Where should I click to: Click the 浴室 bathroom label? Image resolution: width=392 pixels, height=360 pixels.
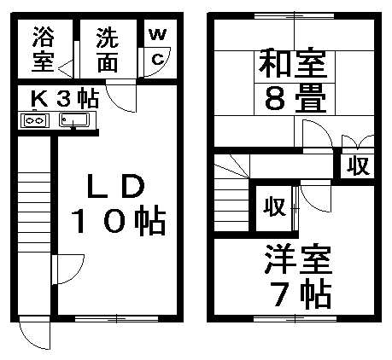(x=44, y=49)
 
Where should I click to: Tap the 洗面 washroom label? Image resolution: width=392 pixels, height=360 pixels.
(x=108, y=49)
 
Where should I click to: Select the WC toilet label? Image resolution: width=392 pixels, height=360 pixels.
(x=157, y=47)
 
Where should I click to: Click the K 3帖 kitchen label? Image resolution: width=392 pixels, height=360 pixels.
(x=65, y=98)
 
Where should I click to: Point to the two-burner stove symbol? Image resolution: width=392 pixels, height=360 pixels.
(x=35, y=120)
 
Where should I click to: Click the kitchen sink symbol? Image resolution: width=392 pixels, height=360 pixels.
(x=74, y=119)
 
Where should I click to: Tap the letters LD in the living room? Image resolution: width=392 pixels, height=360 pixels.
(x=116, y=186)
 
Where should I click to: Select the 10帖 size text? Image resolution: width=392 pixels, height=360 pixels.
(x=118, y=221)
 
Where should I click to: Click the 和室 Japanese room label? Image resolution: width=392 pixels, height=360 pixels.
(x=292, y=63)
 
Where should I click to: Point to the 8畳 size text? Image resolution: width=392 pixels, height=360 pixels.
(x=295, y=99)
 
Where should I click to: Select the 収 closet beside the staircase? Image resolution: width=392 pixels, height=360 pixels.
(x=274, y=206)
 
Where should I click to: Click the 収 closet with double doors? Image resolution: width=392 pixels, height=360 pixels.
(x=358, y=165)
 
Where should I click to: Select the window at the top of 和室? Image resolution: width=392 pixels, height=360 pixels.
(x=294, y=16)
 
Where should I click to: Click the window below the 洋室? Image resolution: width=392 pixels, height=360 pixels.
(x=295, y=318)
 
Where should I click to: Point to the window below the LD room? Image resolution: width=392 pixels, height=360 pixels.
(x=116, y=318)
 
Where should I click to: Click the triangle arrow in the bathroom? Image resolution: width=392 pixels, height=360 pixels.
(x=66, y=68)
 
